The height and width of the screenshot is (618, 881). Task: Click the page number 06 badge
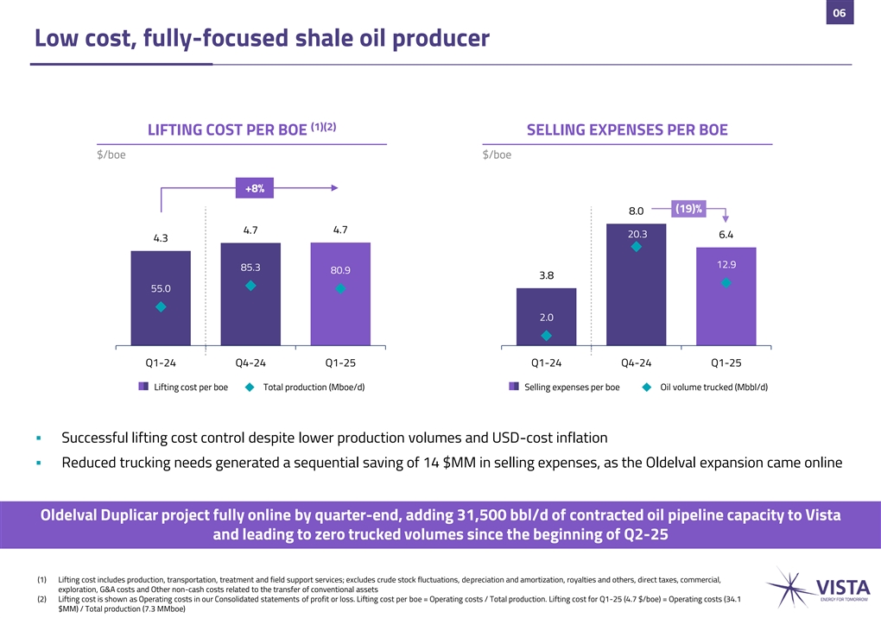point(839,12)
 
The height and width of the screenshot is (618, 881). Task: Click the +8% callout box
point(254,187)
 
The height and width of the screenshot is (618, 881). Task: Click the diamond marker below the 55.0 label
point(161,306)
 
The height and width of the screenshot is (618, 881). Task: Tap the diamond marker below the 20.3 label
point(636,247)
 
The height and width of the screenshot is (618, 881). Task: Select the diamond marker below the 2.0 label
point(546,336)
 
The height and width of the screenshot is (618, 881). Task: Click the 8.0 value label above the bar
point(636,210)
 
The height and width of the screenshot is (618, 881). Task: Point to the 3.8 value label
point(546,276)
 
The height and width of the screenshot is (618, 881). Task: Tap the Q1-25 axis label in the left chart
point(340,363)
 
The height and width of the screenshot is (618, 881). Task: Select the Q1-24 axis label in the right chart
point(546,363)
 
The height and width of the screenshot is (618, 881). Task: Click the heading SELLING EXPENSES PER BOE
point(626,129)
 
